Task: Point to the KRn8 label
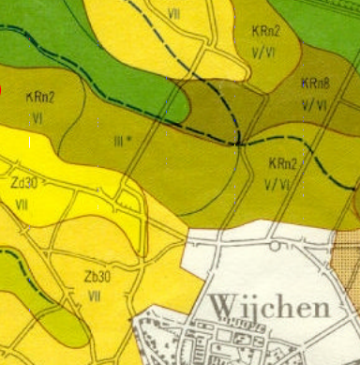(314, 84)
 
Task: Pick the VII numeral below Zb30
(94, 295)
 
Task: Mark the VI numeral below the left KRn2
(38, 117)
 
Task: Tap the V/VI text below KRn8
(314, 106)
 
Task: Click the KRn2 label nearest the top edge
(265, 30)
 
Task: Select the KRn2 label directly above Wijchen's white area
(282, 163)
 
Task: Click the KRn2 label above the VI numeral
(40, 96)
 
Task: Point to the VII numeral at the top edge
(174, 13)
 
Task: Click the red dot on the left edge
(1, 90)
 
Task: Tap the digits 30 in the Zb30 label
(103, 278)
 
